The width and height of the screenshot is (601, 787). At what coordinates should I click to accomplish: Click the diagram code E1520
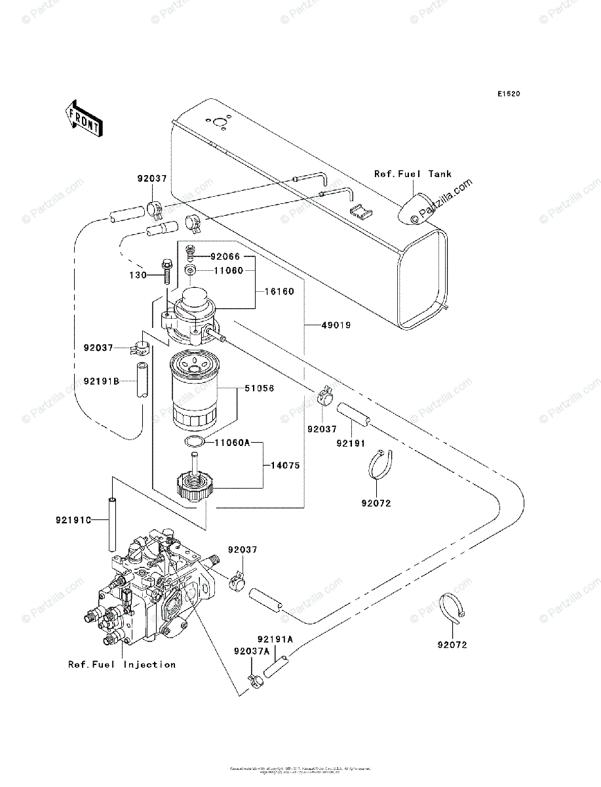(508, 94)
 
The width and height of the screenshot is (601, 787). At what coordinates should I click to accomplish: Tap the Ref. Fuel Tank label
(413, 174)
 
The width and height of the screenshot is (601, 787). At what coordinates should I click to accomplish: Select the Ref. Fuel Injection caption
(122, 664)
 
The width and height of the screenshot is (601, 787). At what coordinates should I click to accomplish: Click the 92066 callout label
(226, 256)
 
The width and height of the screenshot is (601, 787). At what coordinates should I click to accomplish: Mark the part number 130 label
(138, 275)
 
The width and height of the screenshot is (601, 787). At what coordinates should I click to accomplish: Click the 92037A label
(233, 651)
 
